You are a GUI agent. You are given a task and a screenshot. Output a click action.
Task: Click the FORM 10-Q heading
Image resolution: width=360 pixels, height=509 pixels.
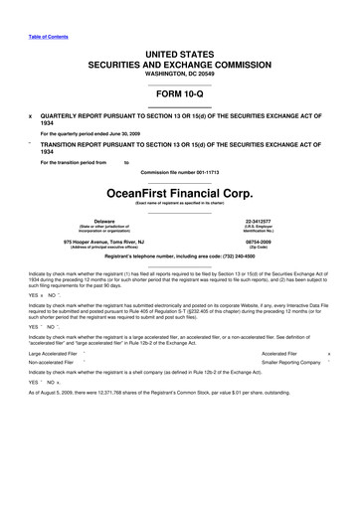click(179, 97)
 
